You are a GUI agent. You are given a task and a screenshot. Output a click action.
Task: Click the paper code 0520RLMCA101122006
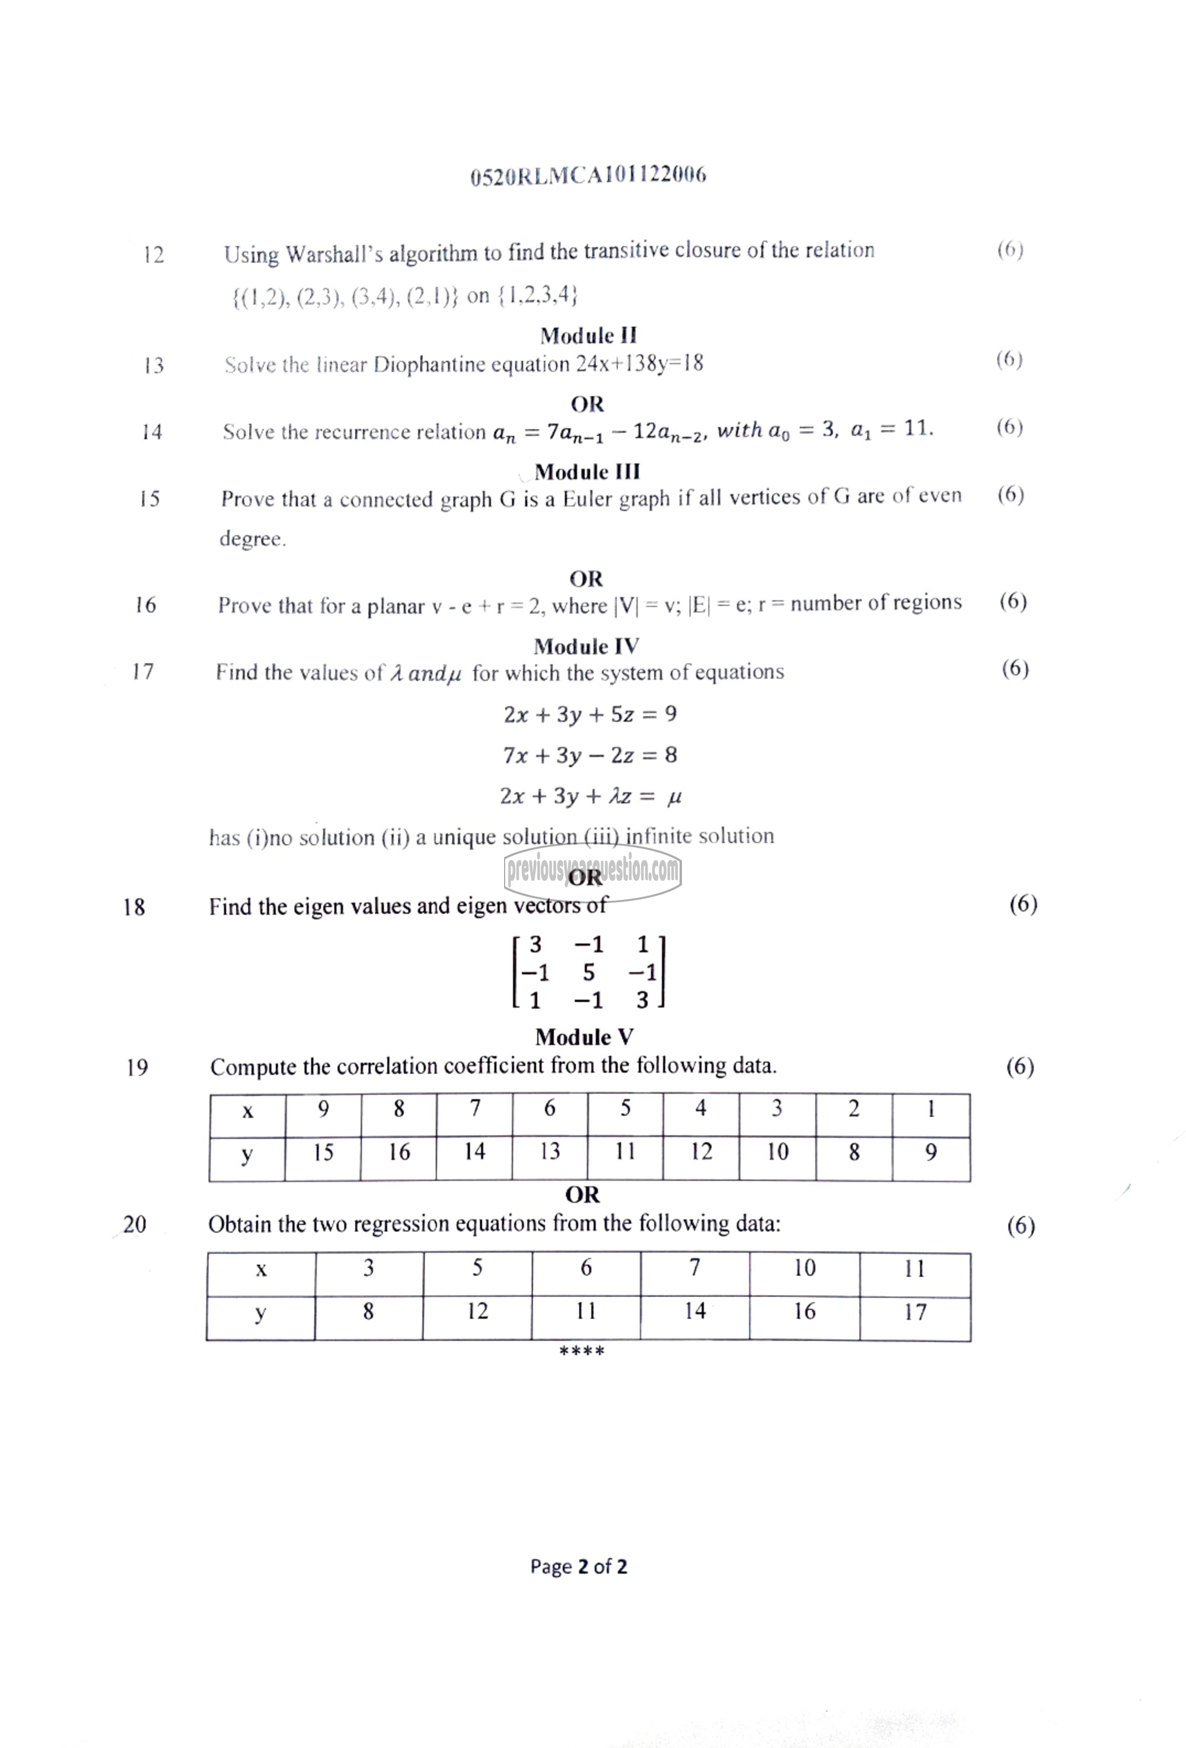pos(588,176)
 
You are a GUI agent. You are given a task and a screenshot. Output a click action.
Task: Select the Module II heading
pos(588,336)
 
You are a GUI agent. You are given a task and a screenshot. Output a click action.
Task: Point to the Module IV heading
pos(586,646)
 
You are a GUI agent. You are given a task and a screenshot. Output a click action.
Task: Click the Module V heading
pos(584,1037)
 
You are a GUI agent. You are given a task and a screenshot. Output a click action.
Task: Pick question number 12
pos(154,255)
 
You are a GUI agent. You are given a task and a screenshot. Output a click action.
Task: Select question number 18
pos(134,907)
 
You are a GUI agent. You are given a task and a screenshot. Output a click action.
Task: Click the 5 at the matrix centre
pos(589,973)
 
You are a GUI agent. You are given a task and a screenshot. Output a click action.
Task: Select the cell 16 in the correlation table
pos(398,1151)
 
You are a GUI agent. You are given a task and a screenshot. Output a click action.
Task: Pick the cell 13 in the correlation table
pos(550,1151)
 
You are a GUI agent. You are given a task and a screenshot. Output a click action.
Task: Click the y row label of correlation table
pos(247,1154)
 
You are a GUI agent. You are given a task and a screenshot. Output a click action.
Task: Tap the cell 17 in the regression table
pos(914,1312)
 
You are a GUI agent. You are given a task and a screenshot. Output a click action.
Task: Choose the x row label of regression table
pos(261,1270)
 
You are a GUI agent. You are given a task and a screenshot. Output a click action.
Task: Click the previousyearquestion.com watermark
pos(594,872)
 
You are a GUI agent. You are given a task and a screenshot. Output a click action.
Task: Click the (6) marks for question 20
pos(1021,1227)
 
